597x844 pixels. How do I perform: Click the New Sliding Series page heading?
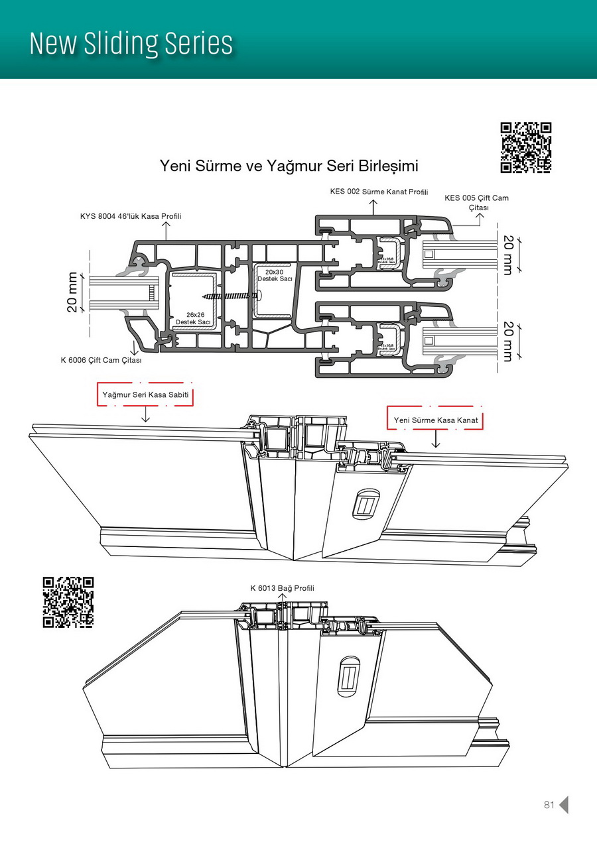(x=131, y=44)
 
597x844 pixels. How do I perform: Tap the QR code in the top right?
(x=525, y=147)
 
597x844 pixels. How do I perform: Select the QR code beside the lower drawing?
(x=68, y=602)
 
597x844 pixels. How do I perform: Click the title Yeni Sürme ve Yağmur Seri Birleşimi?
(x=289, y=165)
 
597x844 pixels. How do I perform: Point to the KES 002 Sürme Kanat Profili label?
(x=379, y=192)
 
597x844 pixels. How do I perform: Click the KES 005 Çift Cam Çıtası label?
(x=477, y=202)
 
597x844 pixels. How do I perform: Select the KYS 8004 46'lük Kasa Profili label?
(x=131, y=216)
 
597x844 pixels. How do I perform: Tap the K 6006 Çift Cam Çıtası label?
(x=101, y=361)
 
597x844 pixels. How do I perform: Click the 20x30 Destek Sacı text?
(x=275, y=276)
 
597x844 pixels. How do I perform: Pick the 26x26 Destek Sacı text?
(x=193, y=318)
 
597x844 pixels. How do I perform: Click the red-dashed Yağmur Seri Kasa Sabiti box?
(x=145, y=394)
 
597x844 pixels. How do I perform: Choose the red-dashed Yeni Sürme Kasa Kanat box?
(x=435, y=420)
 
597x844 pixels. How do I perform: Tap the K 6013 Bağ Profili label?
(x=282, y=588)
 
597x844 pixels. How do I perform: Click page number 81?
(x=549, y=805)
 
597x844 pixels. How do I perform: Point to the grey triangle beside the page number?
(x=564, y=805)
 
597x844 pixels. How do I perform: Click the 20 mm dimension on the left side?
(x=72, y=292)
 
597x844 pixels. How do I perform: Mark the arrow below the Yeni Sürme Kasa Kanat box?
(x=435, y=440)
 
